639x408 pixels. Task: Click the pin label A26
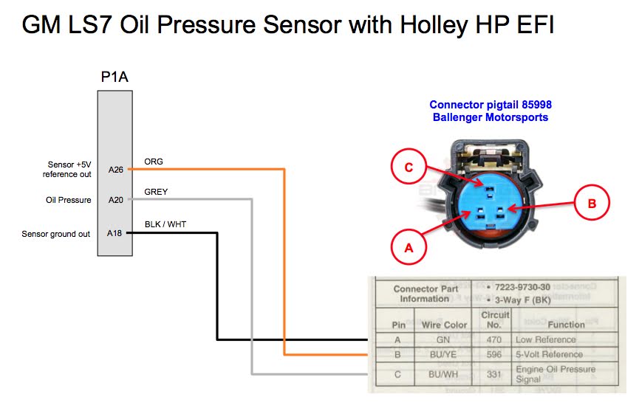click(x=115, y=169)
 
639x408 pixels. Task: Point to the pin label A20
click(x=115, y=200)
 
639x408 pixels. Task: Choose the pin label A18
click(x=115, y=233)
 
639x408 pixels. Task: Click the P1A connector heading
click(x=115, y=77)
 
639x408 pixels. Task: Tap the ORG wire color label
click(x=154, y=161)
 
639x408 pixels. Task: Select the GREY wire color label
click(x=156, y=192)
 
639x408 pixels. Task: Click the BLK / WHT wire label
click(x=165, y=224)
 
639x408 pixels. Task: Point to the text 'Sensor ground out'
click(x=56, y=234)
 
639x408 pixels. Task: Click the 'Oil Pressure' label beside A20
click(x=68, y=200)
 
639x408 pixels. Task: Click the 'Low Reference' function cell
click(x=546, y=339)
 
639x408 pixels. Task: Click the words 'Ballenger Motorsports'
click(x=491, y=117)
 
